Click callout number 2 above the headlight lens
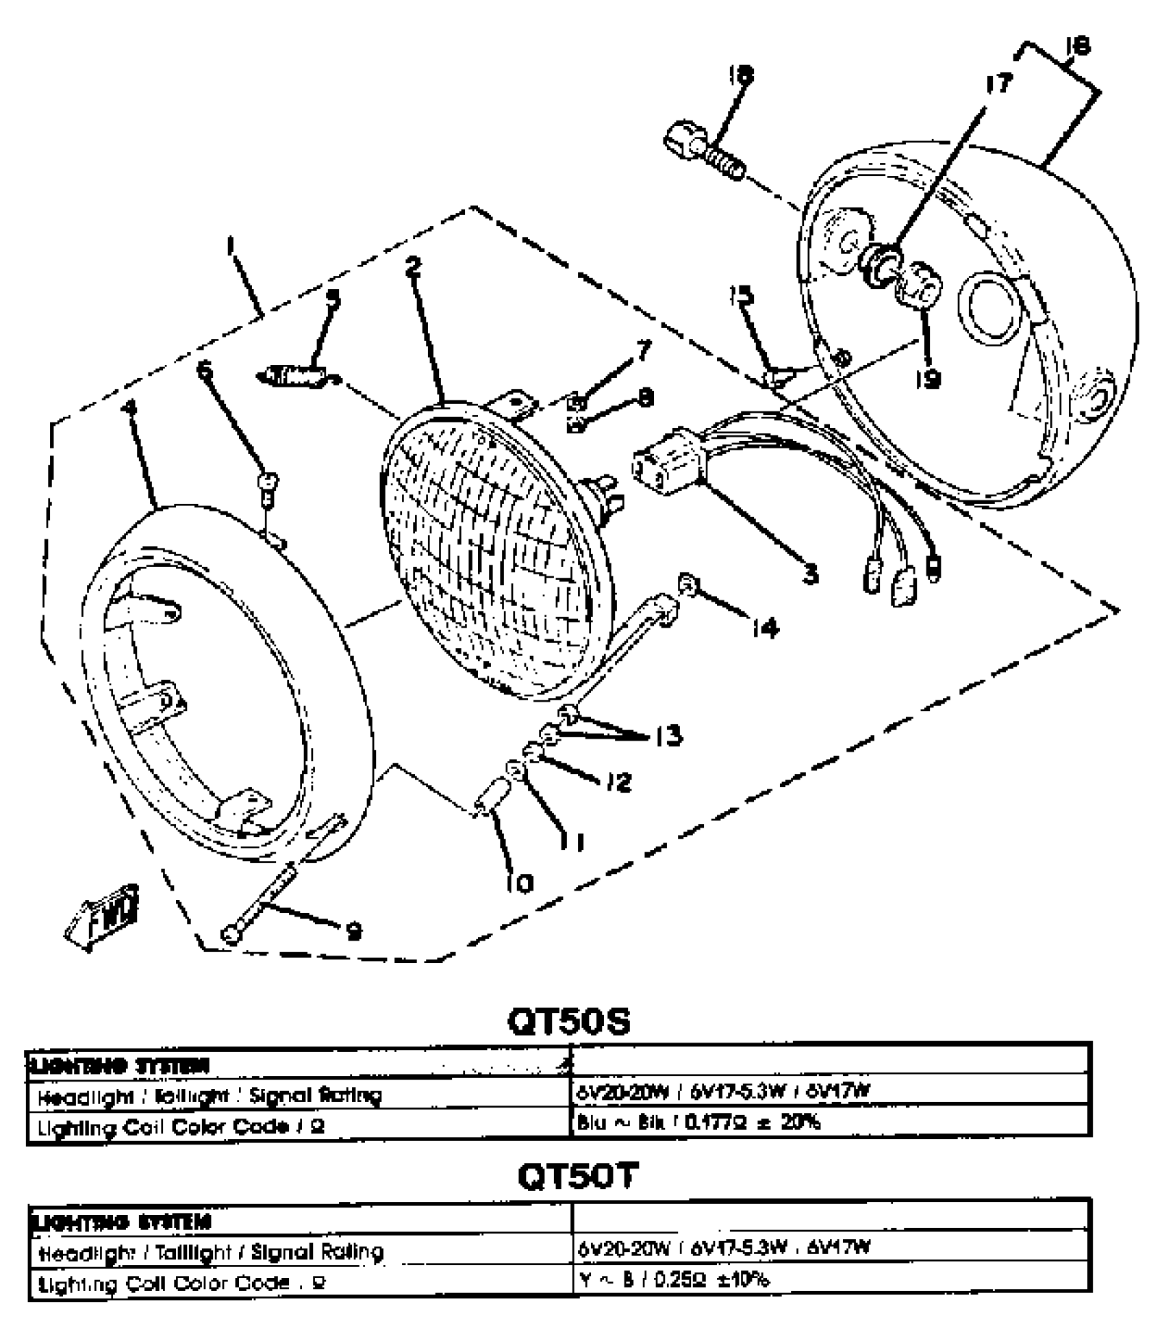(413, 266)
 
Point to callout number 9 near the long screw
(353, 931)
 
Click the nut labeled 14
(687, 584)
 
